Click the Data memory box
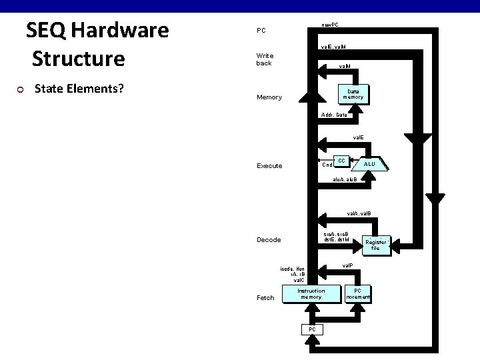click(x=353, y=94)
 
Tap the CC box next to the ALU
click(x=341, y=161)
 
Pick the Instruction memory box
click(x=311, y=294)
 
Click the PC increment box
click(x=357, y=294)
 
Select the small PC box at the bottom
click(x=311, y=329)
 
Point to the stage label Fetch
click(x=265, y=298)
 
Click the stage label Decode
click(x=269, y=240)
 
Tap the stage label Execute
click(x=269, y=165)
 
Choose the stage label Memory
click(x=269, y=97)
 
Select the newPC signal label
click(x=329, y=25)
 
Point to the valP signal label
click(x=347, y=265)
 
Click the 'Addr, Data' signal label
click(x=333, y=115)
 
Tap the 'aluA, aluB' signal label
click(x=345, y=179)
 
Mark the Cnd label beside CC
click(x=327, y=165)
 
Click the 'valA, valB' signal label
click(x=358, y=214)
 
